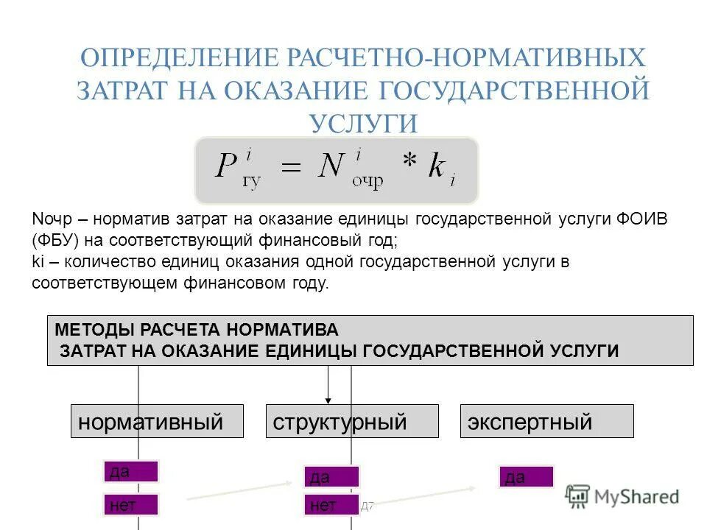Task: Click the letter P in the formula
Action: (225, 166)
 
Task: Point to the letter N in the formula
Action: (332, 166)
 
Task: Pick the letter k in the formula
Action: (436, 166)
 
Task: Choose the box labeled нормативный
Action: (157, 422)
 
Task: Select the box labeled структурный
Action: (351, 422)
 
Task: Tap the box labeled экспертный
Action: (546, 422)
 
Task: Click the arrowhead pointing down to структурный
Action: (328, 398)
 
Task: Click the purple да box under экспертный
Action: (526, 477)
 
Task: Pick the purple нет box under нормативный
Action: (131, 504)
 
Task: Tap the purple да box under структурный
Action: (331, 477)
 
